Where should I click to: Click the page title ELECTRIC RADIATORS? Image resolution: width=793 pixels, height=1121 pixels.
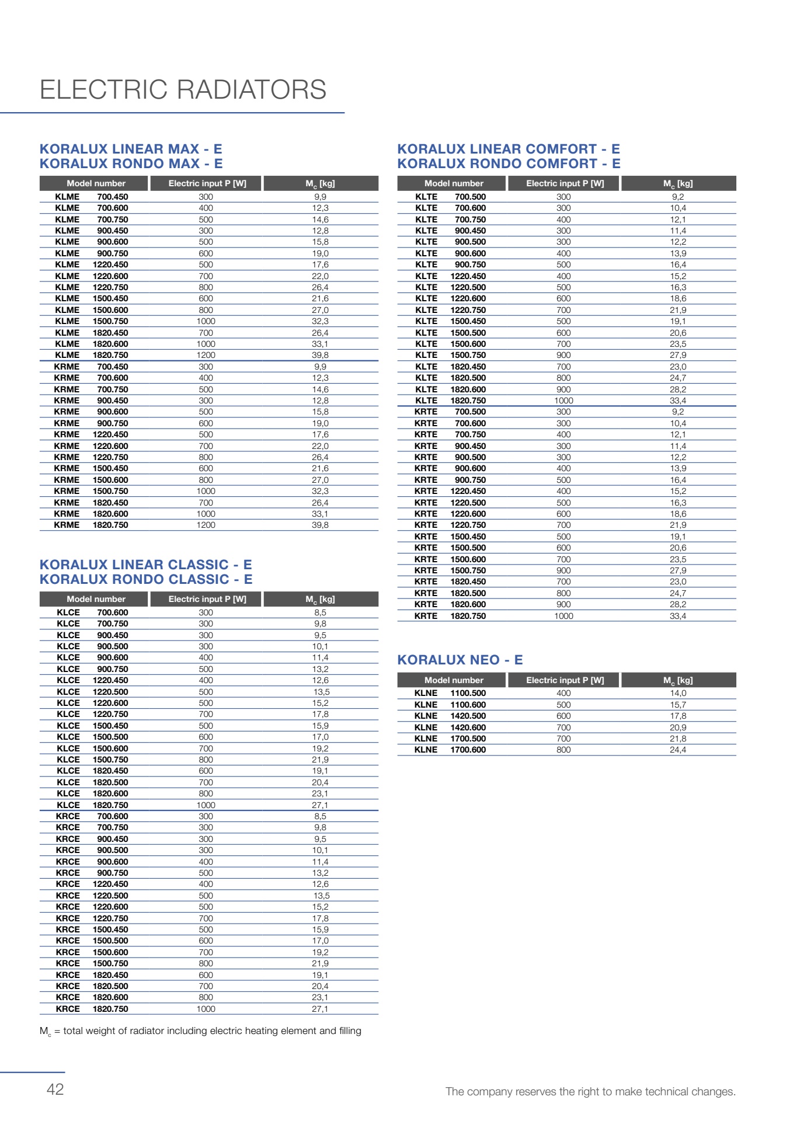pyautogui.click(x=183, y=90)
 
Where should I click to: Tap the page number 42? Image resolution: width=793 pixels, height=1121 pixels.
pyautogui.click(x=55, y=1089)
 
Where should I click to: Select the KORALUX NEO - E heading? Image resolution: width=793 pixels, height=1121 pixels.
pyautogui.click(x=460, y=660)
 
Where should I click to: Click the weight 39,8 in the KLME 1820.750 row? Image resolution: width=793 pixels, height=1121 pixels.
pyautogui.click(x=320, y=355)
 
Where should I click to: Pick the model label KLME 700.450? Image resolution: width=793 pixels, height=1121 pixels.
pyautogui.click(x=92, y=197)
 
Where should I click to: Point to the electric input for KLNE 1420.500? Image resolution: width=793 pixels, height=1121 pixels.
pyautogui.click(x=564, y=716)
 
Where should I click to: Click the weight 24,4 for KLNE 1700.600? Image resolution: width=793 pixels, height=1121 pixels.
pyautogui.click(x=677, y=750)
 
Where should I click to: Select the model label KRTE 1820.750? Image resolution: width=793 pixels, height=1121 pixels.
pyautogui.click(x=450, y=616)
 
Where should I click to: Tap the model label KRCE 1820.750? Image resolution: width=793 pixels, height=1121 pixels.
pyautogui.click(x=92, y=1009)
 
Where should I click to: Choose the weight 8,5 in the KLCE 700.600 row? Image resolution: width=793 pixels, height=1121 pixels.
pyautogui.click(x=320, y=612)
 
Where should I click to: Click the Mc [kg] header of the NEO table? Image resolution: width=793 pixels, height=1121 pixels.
pyautogui.click(x=677, y=680)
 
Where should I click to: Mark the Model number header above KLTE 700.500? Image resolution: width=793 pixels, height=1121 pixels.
pyautogui.click(x=454, y=183)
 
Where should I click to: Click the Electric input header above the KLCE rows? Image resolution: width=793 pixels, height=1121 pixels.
pyautogui.click(x=207, y=599)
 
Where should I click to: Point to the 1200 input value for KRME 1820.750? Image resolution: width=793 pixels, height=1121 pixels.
pyautogui.click(x=206, y=525)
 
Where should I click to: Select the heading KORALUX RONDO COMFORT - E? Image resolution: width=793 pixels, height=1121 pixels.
pyautogui.click(x=509, y=164)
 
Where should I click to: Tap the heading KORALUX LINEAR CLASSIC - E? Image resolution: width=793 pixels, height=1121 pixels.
pyautogui.click(x=145, y=565)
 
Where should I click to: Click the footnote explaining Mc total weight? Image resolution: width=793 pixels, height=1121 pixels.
pyautogui.click(x=200, y=1031)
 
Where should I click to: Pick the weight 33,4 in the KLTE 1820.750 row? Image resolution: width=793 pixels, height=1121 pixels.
pyautogui.click(x=677, y=401)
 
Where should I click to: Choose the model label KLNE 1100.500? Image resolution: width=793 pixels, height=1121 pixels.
pyautogui.click(x=450, y=693)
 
